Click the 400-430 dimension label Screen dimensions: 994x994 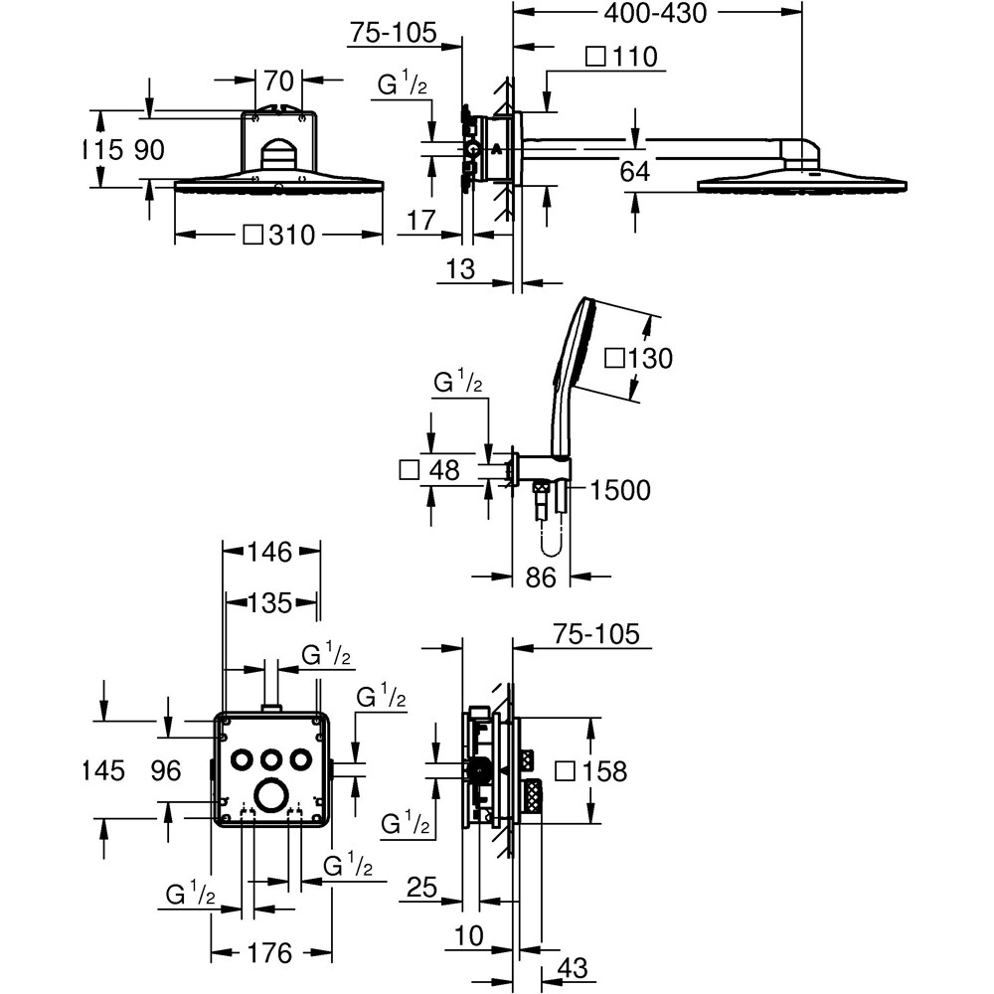point(655,13)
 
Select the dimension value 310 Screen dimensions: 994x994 point(291,236)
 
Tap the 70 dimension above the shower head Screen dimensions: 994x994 point(278,81)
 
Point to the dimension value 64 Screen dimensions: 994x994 point(634,171)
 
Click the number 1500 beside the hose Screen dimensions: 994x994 point(620,490)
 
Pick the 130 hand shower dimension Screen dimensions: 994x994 point(649,358)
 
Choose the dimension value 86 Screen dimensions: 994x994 point(541,578)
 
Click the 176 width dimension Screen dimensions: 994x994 point(269,953)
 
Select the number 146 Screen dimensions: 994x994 point(269,552)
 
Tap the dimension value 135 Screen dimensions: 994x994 point(269,603)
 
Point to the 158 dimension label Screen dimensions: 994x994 point(603,771)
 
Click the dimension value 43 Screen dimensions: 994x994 point(573,968)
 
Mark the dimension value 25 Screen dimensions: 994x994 point(421,888)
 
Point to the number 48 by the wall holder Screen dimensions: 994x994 point(443,470)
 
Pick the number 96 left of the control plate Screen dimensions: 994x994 point(166,771)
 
